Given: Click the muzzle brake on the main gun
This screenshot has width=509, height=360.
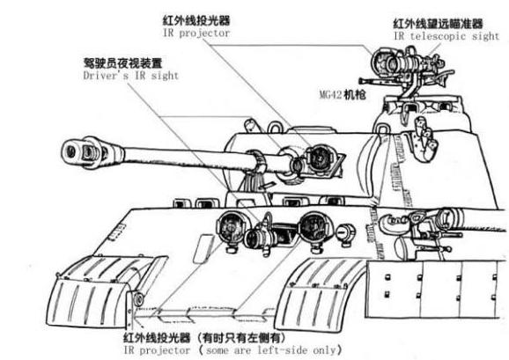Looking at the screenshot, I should (79, 151).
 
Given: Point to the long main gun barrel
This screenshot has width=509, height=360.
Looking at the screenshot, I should (176, 160).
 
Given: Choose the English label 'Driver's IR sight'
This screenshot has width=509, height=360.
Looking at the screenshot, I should (130, 76).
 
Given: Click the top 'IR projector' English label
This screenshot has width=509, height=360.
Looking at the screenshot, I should (196, 32).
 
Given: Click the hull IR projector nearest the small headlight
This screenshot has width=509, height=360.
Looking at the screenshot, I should (312, 228).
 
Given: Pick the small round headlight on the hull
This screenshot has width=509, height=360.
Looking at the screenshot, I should (345, 233).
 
